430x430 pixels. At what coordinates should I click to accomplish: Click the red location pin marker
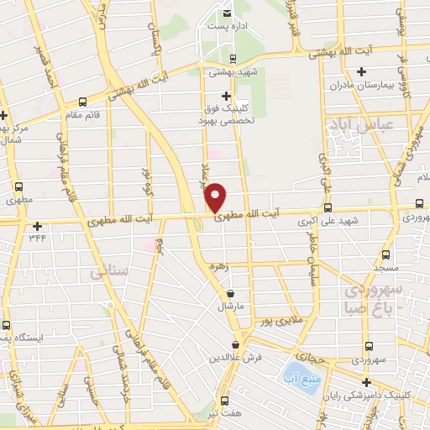[x=215, y=197]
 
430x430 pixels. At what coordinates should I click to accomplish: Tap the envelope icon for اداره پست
[x=228, y=13]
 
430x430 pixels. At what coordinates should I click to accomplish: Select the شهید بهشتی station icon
[x=232, y=58]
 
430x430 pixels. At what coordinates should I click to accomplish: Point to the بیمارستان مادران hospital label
[x=338, y=86]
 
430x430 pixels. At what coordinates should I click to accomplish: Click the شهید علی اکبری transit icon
[x=328, y=207]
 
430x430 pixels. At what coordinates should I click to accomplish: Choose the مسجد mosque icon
[x=385, y=254]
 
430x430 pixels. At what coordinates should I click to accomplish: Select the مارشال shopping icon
[x=231, y=293]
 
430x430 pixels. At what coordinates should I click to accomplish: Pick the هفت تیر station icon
[x=223, y=400]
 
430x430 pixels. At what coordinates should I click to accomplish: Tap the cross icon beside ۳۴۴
[x=37, y=226]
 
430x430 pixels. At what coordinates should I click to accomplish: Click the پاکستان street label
[x=153, y=37]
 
